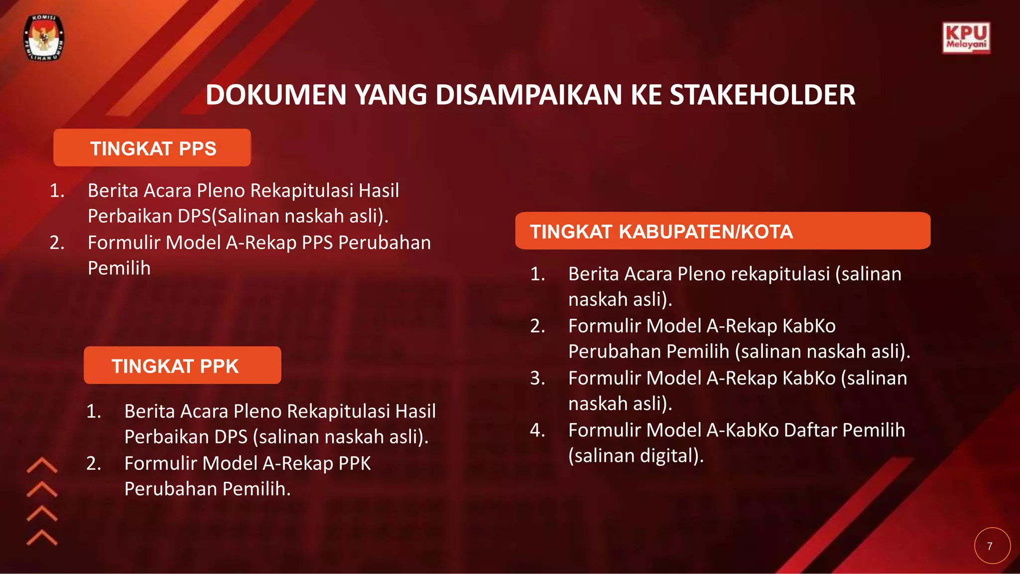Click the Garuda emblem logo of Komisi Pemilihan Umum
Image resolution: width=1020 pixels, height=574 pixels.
44,38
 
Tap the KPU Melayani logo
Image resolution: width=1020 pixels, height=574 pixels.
966,38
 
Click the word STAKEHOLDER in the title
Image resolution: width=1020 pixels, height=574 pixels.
762,95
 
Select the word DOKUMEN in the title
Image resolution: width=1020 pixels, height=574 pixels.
275,95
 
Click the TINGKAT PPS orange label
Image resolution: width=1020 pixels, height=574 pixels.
152,148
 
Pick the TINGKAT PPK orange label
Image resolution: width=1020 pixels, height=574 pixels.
182,366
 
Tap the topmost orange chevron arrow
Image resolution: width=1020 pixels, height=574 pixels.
42,465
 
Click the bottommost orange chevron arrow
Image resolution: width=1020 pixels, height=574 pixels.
42,538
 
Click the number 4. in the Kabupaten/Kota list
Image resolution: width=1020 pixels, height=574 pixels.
537,430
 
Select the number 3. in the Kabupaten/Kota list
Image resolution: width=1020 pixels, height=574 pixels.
537,378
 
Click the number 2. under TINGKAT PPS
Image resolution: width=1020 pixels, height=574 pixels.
57,242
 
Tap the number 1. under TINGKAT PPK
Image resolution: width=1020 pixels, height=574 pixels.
93,411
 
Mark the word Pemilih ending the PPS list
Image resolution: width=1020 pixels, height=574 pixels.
119,268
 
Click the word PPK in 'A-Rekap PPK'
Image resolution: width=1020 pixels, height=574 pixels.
354,463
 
